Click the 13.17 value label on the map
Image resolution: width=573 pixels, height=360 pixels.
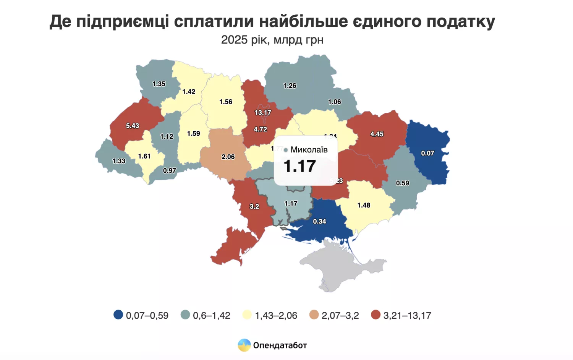point(263,112)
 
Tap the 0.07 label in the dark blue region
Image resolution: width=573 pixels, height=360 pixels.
point(427,153)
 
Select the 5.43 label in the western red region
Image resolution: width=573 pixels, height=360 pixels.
point(133,126)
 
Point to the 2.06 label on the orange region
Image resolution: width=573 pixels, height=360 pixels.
point(228,157)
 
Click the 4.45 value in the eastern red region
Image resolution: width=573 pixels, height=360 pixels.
point(377,134)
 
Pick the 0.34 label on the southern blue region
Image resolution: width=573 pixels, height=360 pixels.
point(319,221)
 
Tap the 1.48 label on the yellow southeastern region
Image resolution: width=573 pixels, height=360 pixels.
point(364,205)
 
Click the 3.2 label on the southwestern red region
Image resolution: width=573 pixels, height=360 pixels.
point(254,206)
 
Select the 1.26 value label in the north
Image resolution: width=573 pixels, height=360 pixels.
point(290,86)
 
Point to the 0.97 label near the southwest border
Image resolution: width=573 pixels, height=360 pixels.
point(170,170)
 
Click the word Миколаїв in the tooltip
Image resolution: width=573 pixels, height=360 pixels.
point(309,149)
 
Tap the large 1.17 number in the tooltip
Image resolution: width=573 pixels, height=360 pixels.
point(300,166)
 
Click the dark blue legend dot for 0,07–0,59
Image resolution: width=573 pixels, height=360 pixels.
point(118,315)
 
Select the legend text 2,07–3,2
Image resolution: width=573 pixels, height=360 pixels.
point(340,315)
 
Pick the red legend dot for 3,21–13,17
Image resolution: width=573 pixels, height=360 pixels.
point(376,315)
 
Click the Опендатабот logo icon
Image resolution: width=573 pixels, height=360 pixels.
point(244,345)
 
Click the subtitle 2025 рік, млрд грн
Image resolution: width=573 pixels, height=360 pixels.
point(272,40)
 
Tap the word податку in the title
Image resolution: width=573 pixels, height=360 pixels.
point(461,21)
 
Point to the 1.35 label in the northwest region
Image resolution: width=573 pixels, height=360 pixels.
point(159,84)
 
